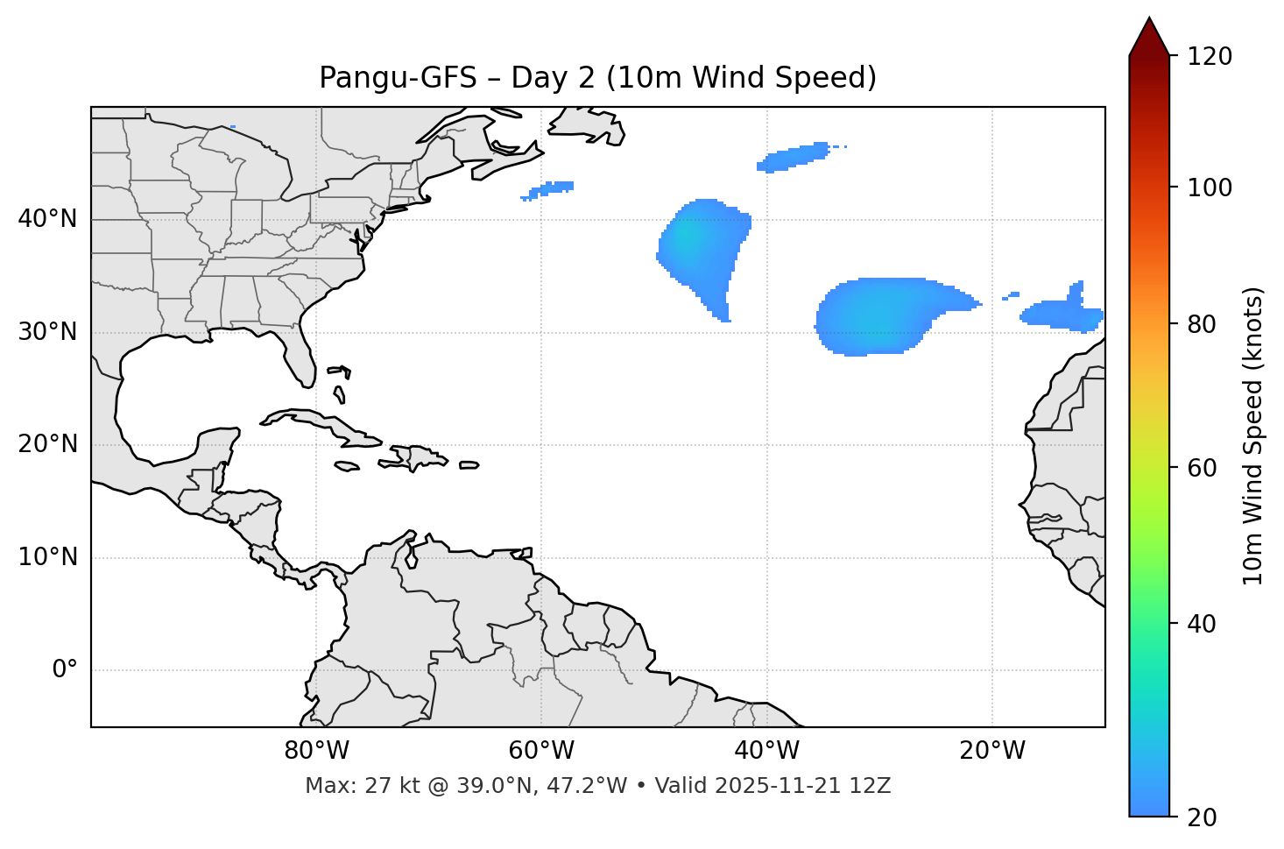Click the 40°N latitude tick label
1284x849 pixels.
[47, 219]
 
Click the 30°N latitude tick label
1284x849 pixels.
[47, 332]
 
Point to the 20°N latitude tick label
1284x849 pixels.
[47, 444]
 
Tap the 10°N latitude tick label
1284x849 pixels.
[47, 557]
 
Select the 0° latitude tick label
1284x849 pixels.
[65, 670]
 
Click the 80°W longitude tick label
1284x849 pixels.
[316, 751]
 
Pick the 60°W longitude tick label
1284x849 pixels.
[541, 751]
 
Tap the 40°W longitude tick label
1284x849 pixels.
[766, 751]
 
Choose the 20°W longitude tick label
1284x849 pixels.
[991, 751]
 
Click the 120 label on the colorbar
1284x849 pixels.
[1210, 57]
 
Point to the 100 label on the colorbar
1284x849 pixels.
[1210, 187]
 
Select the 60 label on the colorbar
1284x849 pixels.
[1202, 468]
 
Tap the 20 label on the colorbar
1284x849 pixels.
[1202, 817]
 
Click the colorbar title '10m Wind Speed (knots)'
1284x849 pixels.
[1253, 435]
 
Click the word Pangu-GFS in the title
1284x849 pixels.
[398, 78]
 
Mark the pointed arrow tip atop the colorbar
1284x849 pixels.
[1149, 19]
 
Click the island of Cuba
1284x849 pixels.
[324, 422]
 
